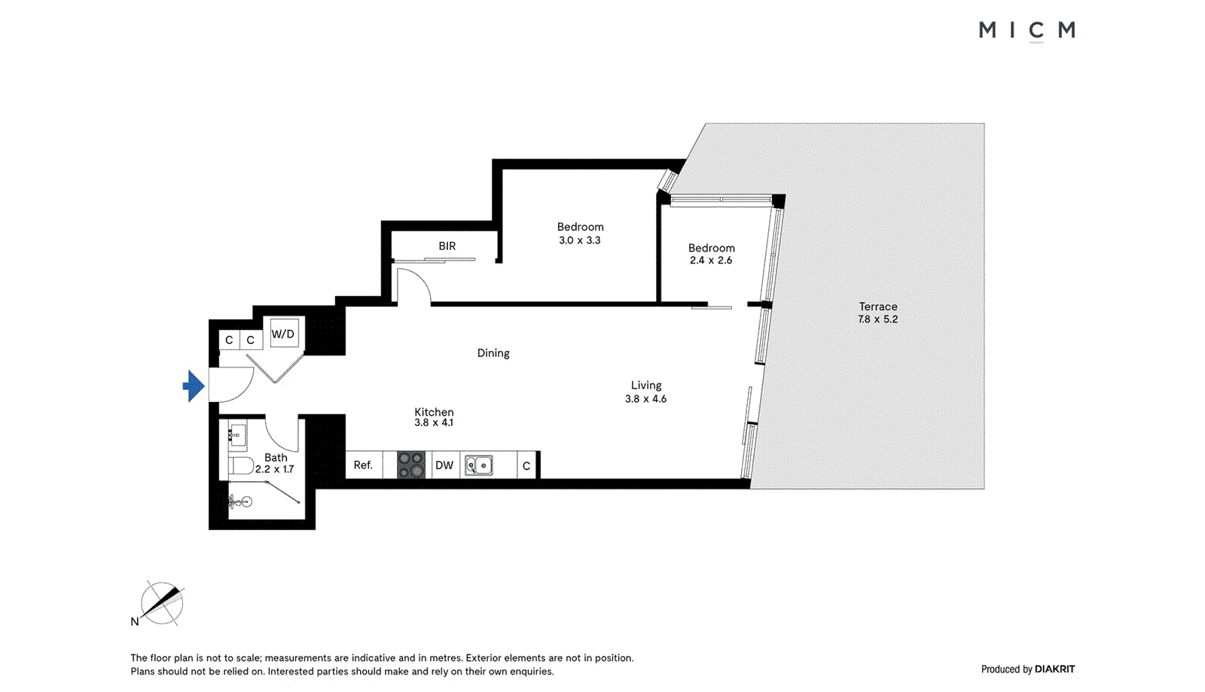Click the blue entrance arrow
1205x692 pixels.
coord(194,386)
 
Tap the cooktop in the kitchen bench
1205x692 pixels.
coord(411,465)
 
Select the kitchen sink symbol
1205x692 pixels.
coord(478,465)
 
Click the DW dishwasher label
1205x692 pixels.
coord(444,465)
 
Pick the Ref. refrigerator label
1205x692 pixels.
coord(363,465)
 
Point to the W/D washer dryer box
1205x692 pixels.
coord(284,334)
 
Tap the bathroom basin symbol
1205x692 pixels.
coord(237,434)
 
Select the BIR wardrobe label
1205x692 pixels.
coord(447,246)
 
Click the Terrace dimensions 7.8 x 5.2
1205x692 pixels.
coord(878,319)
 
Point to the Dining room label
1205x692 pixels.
coord(493,353)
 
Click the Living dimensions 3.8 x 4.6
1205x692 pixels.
coord(645,399)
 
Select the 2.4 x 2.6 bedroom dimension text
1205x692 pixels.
coord(711,261)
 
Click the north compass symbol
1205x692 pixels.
coord(162,603)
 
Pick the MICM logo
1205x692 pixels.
coord(1027,30)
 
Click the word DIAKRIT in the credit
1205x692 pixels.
coord(1054,669)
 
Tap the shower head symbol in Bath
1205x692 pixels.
coord(240,501)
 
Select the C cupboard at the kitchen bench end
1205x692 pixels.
coord(526,466)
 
